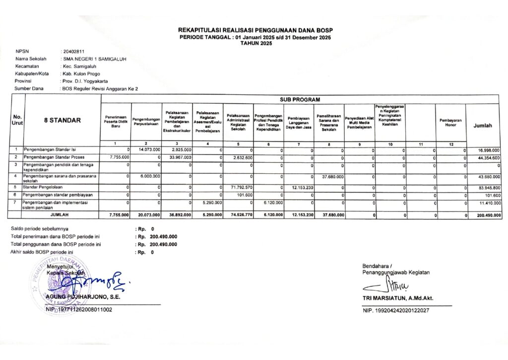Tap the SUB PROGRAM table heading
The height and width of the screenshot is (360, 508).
click(x=300, y=99)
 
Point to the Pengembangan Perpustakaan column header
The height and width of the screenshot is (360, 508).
click(x=146, y=121)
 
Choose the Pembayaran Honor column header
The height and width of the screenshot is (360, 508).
click(x=450, y=122)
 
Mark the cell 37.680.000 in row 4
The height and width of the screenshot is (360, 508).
click(x=330, y=176)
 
